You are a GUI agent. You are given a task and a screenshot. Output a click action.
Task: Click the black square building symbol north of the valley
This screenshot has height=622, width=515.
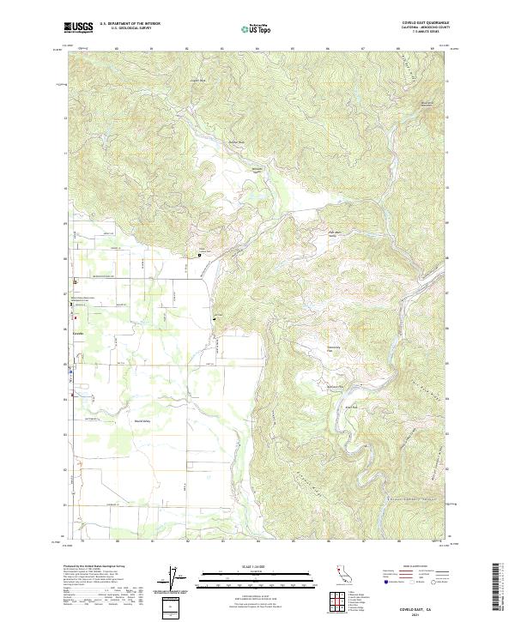pyautogui.click(x=200, y=255)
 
